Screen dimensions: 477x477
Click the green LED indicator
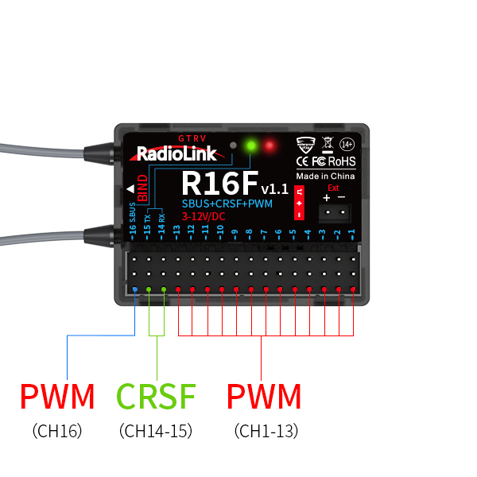[252, 146]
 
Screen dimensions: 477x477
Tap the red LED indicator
[270, 146]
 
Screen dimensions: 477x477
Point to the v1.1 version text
[274, 189]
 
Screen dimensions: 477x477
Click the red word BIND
[142, 188]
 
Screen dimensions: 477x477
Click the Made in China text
[325, 176]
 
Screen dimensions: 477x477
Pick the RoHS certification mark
[343, 161]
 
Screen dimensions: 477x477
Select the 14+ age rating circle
[347, 145]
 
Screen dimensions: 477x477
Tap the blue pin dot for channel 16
[134, 290]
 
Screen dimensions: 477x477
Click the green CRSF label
[157, 396]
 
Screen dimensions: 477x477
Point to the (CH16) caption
[56, 431]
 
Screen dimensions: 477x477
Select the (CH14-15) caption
[156, 431]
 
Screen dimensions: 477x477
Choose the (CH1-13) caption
[266, 431]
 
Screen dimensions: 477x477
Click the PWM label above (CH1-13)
[264, 396]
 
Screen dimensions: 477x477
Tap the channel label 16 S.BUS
[133, 219]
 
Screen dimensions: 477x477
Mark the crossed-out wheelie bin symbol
[327, 145]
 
